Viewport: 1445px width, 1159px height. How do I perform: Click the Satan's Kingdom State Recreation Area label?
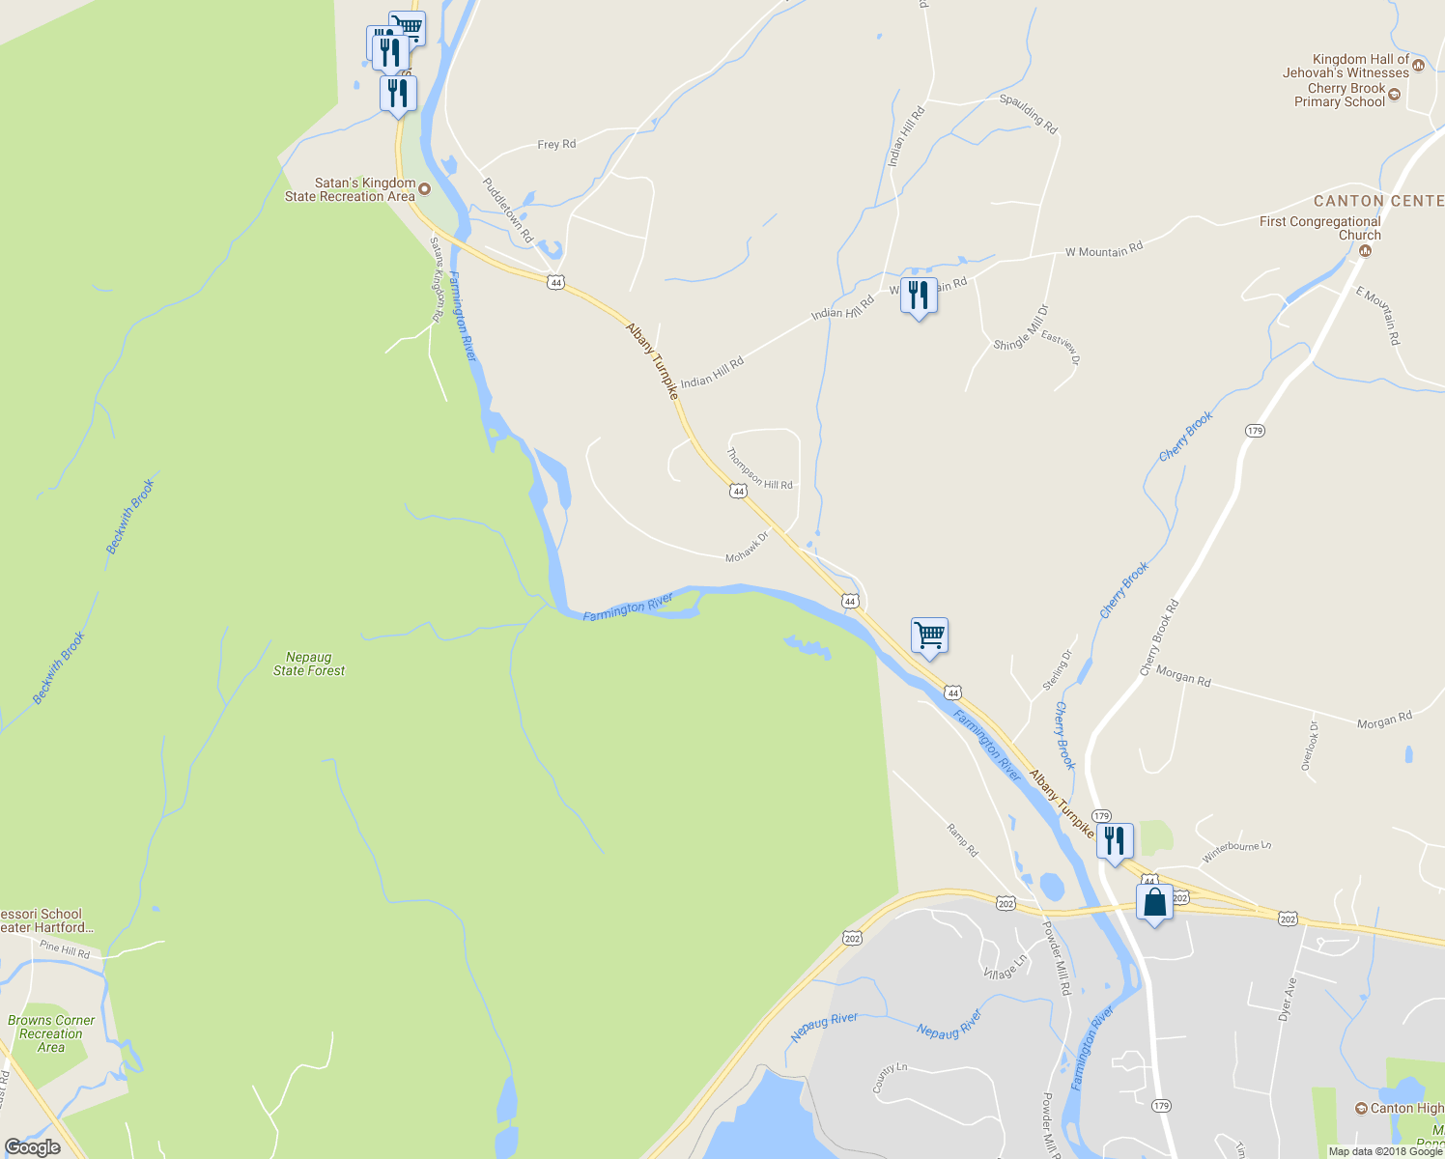[x=350, y=189]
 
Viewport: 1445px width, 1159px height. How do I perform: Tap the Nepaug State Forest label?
[x=309, y=664]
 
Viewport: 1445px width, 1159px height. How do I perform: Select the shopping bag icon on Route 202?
[x=1154, y=903]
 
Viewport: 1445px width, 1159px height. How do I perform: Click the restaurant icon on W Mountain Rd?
[x=919, y=296]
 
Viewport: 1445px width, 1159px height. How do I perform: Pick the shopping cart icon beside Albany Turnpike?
[x=929, y=636]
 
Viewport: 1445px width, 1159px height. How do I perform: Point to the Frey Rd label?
[x=556, y=144]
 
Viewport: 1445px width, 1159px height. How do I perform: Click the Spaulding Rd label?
[x=1029, y=114]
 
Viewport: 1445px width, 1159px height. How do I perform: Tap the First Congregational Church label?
[x=1320, y=228]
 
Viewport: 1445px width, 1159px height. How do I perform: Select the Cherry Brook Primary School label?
[x=1340, y=95]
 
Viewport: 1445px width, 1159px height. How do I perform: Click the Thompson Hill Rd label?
[x=759, y=468]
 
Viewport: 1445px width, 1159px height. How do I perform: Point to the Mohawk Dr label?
[x=747, y=547]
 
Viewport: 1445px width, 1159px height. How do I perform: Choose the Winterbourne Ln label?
[x=1236, y=852]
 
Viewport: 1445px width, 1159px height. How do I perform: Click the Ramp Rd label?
[x=962, y=839]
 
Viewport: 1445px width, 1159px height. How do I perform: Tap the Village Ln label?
[x=1006, y=967]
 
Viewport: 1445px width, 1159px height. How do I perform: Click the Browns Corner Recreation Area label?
[x=51, y=1033]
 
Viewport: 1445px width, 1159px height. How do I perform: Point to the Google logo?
[x=33, y=1147]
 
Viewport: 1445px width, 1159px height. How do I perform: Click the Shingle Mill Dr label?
[x=1021, y=328]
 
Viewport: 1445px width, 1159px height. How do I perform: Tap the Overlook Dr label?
[x=1310, y=745]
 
